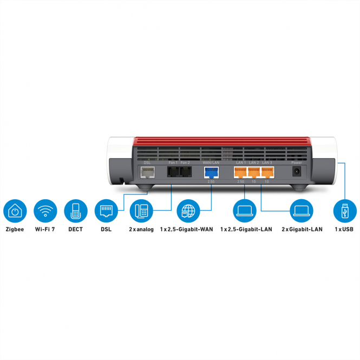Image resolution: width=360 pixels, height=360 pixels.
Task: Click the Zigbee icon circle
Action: coord(15,211)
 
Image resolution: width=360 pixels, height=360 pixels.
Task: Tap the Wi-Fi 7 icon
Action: coord(45,211)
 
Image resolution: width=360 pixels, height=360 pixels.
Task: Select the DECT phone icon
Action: coord(76,211)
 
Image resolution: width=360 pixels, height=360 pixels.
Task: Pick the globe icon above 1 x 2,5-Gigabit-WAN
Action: coord(189,211)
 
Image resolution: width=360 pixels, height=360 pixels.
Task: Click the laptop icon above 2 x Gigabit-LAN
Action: coord(302,211)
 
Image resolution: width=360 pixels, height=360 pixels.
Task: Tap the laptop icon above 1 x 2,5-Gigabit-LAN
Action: coord(245,211)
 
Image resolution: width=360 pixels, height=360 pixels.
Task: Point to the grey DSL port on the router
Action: coord(147,172)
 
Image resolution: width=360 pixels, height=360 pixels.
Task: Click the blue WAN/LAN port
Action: coord(211,172)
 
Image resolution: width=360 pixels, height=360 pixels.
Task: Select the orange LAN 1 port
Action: coord(240,172)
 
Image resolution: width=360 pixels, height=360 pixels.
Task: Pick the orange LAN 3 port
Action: coord(267,172)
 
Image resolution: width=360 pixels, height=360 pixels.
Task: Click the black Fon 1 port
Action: coord(173,172)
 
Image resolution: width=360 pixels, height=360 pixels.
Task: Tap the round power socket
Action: coord(297,172)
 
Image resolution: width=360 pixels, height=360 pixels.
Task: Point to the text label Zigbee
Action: coord(15,230)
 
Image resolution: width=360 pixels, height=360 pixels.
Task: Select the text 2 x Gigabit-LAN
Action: coord(302,230)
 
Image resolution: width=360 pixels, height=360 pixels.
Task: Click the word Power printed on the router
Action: coord(297,162)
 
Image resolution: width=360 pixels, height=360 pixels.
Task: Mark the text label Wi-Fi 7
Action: coord(45,230)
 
